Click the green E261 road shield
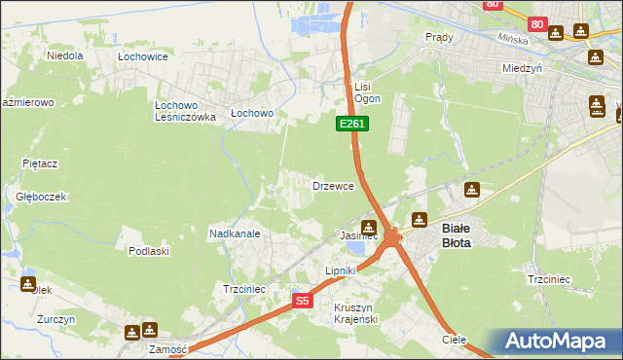(352, 124)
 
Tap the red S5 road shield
(303, 302)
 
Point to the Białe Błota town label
(457, 234)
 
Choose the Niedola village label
(65, 55)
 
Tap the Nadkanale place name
(235, 234)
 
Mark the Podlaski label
(149, 251)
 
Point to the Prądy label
(440, 37)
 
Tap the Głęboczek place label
(41, 196)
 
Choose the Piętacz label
(41, 164)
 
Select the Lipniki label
(341, 270)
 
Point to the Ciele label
(454, 340)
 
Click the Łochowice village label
(143, 56)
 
